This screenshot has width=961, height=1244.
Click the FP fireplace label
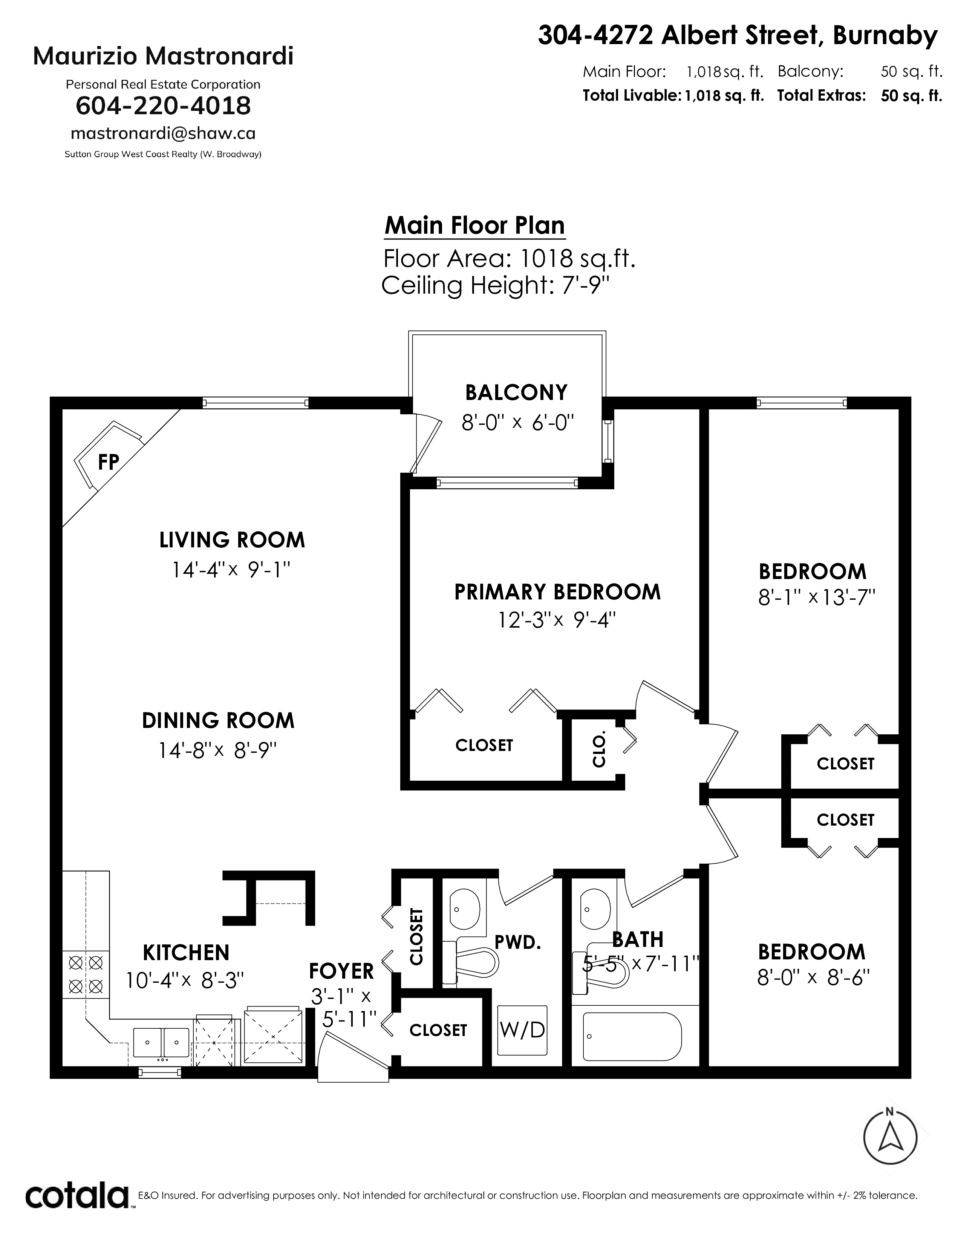coord(108,462)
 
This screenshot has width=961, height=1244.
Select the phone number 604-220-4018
coord(164,106)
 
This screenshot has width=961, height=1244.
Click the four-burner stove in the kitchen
coord(86,974)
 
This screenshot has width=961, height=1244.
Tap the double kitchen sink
coord(162,1042)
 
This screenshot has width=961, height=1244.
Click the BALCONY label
coord(516,393)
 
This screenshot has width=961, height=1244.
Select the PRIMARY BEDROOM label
coord(557,592)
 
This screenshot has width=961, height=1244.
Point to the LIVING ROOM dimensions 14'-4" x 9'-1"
coord(232,570)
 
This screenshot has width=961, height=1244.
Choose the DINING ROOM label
coord(218,720)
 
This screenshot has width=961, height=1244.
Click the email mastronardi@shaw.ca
coord(163,133)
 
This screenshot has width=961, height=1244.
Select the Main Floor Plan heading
coord(475,225)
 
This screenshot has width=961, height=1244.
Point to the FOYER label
coord(341,971)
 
